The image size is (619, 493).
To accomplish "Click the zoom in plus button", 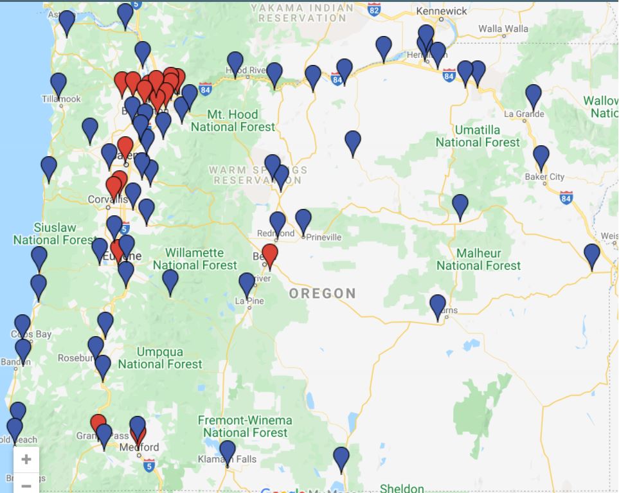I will pos(26,459).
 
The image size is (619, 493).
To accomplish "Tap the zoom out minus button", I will pos(26,485).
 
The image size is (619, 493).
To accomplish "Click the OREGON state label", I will pos(322,294).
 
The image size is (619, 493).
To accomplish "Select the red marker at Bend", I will pos(270,255).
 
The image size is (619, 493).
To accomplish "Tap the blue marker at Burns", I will pos(438,306).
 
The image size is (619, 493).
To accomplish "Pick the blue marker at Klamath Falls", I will pos(228,451).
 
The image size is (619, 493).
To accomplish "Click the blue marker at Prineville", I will pos(303,220).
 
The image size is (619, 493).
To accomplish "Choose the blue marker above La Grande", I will pos(534,96).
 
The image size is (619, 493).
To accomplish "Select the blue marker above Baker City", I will pos(541,157).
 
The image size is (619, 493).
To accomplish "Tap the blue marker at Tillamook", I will pos(58,84).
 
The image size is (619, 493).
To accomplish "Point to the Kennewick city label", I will pos(442,11).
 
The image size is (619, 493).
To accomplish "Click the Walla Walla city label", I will pos(503,29).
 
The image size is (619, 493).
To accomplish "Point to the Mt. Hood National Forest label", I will pos(233,121).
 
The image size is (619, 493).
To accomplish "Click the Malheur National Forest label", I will pos(478,259).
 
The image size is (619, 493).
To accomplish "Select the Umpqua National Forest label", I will pos(160,358).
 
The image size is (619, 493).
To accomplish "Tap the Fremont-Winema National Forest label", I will pos(245,426).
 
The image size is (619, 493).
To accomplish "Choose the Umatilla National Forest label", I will pos(478,136).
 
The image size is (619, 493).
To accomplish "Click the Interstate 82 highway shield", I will pos(374,8).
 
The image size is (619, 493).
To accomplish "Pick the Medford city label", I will pos(142,447).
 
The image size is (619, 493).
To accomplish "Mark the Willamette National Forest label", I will pos(195,258).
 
